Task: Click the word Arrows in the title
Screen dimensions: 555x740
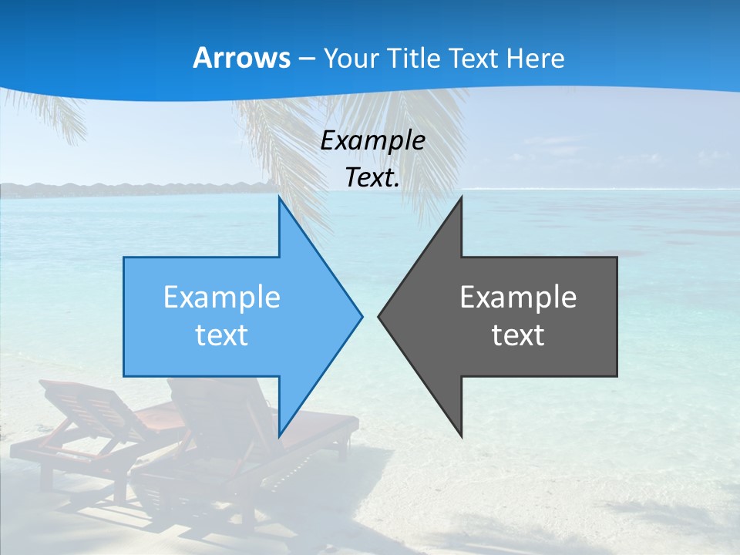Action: pos(241,58)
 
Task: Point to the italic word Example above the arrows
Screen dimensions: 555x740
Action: pos(372,140)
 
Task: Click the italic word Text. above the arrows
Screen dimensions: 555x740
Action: pos(372,178)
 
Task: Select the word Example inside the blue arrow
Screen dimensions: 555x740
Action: pos(222,297)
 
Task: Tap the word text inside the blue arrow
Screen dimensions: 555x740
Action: pos(222,335)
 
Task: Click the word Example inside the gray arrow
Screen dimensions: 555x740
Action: pos(518,297)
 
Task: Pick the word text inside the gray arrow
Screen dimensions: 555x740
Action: pos(518,335)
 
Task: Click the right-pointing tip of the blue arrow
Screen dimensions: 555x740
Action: pos(361,315)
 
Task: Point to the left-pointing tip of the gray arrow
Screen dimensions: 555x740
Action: pos(379,315)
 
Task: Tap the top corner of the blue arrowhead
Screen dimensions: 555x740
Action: pos(280,198)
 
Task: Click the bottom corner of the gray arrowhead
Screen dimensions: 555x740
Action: pos(461,436)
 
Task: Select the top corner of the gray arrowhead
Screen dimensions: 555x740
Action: pos(461,198)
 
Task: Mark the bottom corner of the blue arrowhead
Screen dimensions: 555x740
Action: pos(280,436)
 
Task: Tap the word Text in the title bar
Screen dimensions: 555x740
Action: pos(475,58)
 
